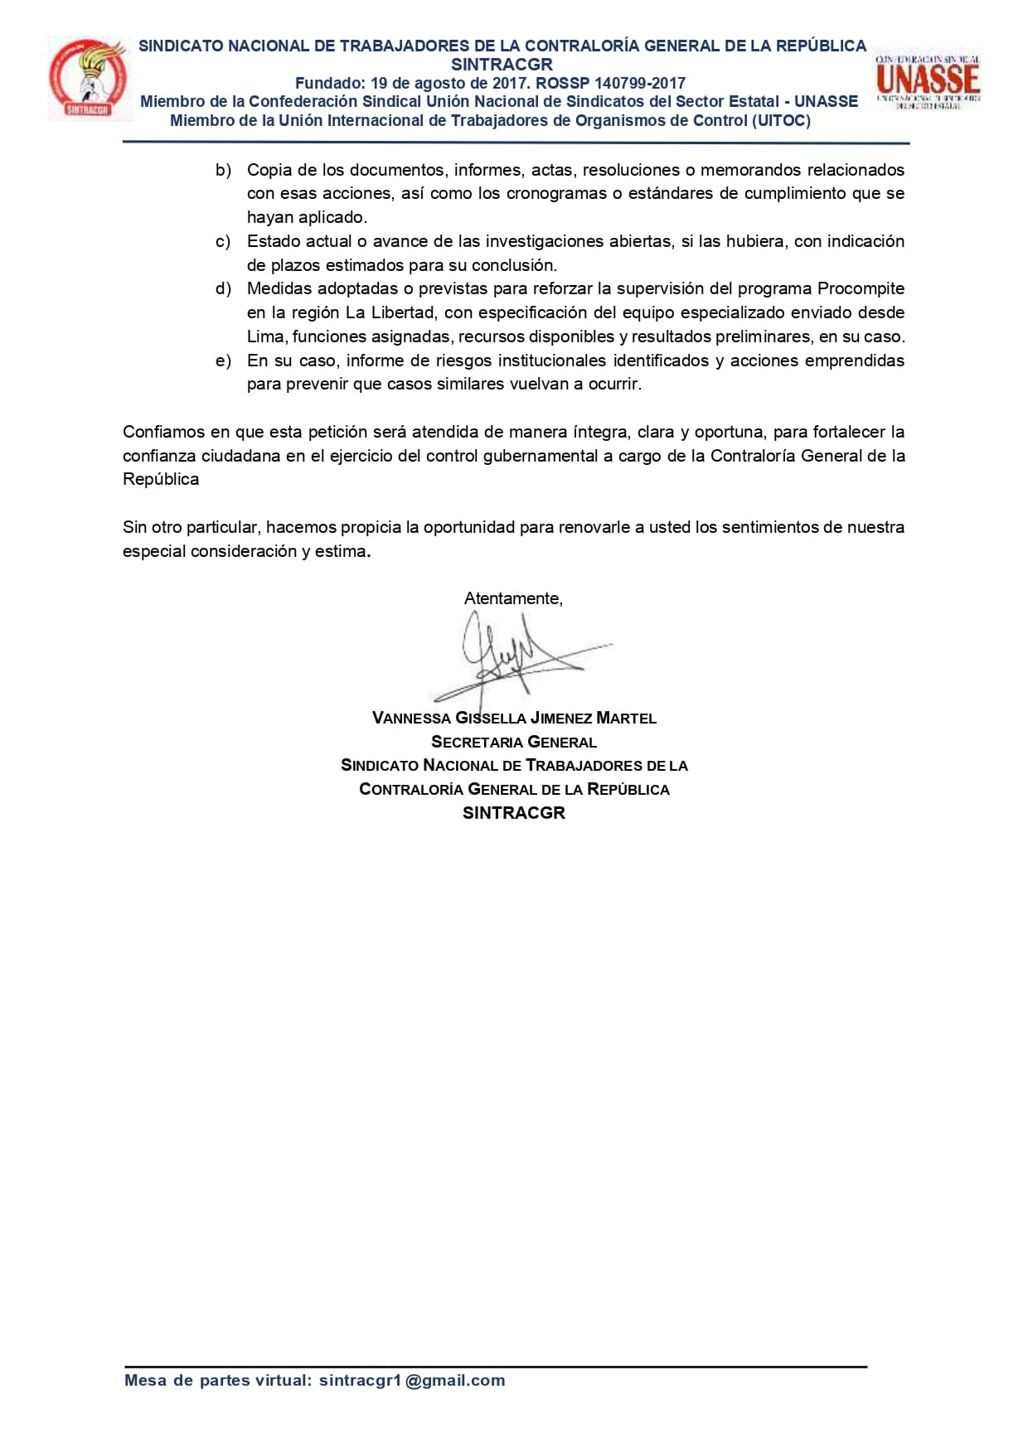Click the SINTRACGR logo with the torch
pos(90,80)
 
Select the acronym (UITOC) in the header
pos(780,120)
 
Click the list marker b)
pos(223,170)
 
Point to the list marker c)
pos(223,241)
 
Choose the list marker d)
pos(223,288)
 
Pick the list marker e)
pos(223,361)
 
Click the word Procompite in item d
pos(861,288)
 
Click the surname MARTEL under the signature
pos(626,718)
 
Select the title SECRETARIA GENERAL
pos(514,742)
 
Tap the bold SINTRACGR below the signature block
pos(514,813)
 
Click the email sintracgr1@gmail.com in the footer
pos(412,1380)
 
